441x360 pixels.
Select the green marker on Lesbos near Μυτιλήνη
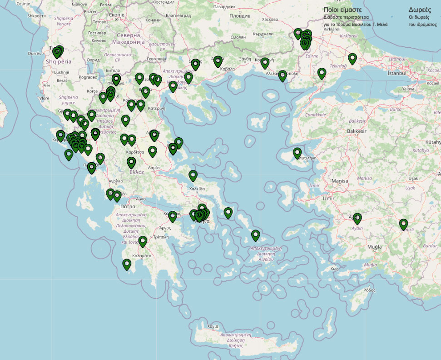pyautogui.click(x=297, y=153)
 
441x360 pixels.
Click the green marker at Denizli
pyautogui.click(x=403, y=224)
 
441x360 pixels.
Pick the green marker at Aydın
pyautogui.click(x=357, y=218)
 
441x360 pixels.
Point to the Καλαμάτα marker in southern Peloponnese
pyautogui.click(x=127, y=264)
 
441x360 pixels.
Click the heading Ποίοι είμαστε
pyautogui.click(x=342, y=10)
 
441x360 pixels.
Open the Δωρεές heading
pyautogui.click(x=420, y=10)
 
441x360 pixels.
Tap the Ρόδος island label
pyautogui.click(x=370, y=290)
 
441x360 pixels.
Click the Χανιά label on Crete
pyautogui.click(x=213, y=326)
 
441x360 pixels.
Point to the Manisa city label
pyautogui.click(x=340, y=181)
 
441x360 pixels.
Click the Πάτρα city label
pyautogui.click(x=128, y=206)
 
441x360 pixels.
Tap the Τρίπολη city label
pyautogui.click(x=161, y=237)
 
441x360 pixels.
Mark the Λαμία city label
pyautogui.click(x=154, y=168)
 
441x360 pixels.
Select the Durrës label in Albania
pyautogui.click(x=35, y=53)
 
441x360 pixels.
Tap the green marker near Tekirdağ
pyautogui.click(x=322, y=73)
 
